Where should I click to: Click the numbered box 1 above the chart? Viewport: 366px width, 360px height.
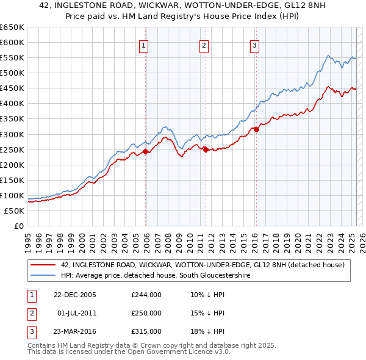click(143, 45)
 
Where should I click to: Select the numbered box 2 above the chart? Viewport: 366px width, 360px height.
click(204, 45)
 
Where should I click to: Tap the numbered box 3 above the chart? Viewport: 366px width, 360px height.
click(254, 45)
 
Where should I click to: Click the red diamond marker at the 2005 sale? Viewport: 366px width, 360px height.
click(146, 151)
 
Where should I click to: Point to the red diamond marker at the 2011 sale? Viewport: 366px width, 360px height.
click(206, 149)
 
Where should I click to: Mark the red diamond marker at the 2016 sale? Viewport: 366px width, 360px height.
click(257, 129)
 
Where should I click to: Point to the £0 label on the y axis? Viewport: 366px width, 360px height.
click(18, 226)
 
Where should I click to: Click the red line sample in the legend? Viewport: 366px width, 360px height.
click(43, 265)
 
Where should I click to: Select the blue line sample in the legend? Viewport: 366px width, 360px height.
click(43, 275)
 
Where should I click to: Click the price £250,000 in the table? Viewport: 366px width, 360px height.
click(146, 313)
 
